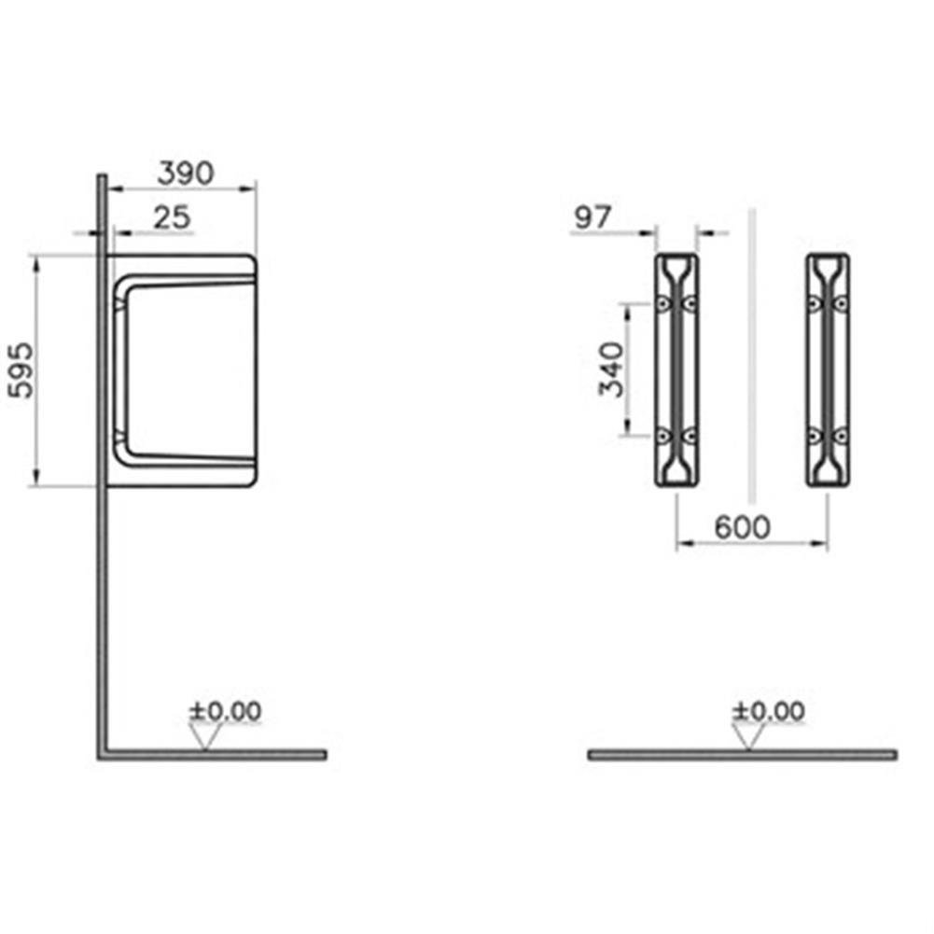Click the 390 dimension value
point(185,173)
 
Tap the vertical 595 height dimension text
point(21,369)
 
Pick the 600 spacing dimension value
point(743,527)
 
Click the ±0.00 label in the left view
point(225,711)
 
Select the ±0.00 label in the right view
point(768,711)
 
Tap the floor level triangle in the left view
point(207,737)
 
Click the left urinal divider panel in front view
point(676,369)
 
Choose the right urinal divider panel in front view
point(828,369)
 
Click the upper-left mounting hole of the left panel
point(662,304)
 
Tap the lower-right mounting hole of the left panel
point(690,435)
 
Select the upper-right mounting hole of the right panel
point(841,304)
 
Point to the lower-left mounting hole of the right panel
point(815,435)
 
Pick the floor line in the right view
point(742,754)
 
